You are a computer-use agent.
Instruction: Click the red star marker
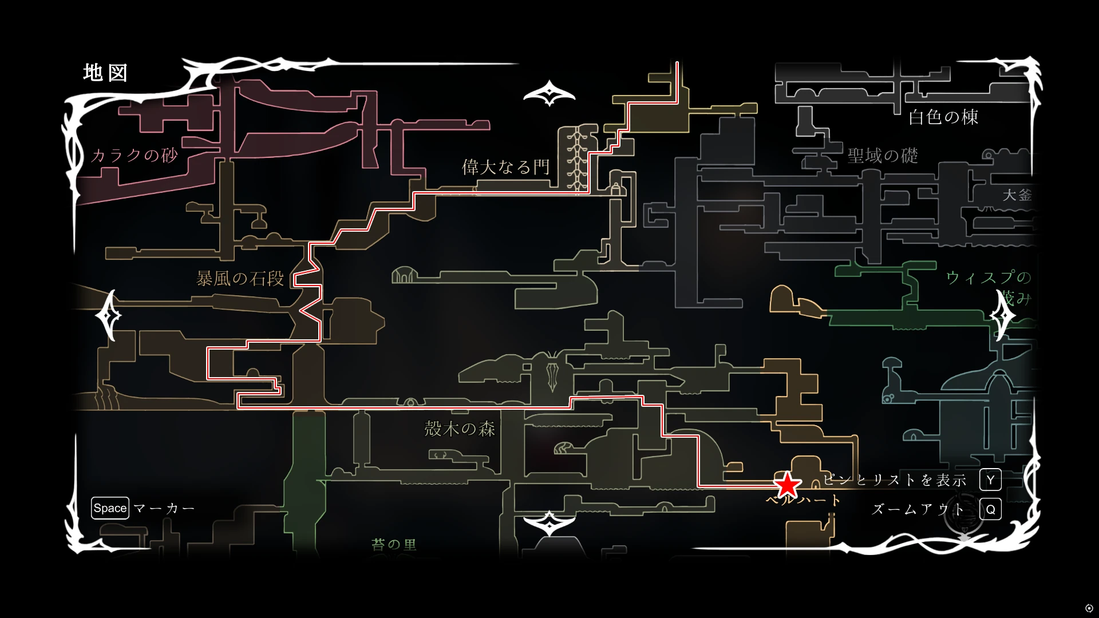point(787,485)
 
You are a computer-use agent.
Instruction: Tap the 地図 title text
point(106,73)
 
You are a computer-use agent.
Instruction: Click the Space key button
point(110,508)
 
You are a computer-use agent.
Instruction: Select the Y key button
point(990,480)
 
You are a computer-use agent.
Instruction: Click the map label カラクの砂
point(135,155)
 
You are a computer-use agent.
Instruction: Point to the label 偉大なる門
point(505,167)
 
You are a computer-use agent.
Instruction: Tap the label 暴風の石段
point(240,279)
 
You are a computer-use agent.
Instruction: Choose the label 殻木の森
point(460,429)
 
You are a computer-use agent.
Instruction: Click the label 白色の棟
point(943,117)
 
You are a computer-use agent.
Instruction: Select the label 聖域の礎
point(883,156)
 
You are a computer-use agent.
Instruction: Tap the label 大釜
point(1017,195)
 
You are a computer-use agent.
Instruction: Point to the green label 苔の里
point(394,544)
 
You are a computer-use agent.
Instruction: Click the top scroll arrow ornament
point(549,93)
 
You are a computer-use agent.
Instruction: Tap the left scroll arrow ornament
point(108,315)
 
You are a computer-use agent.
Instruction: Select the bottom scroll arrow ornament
point(549,523)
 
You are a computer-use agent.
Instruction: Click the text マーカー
point(164,508)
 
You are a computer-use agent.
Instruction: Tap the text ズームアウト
point(918,509)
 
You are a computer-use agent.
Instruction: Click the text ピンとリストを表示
point(895,480)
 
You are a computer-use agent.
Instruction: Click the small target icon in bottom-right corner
point(1089,608)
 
